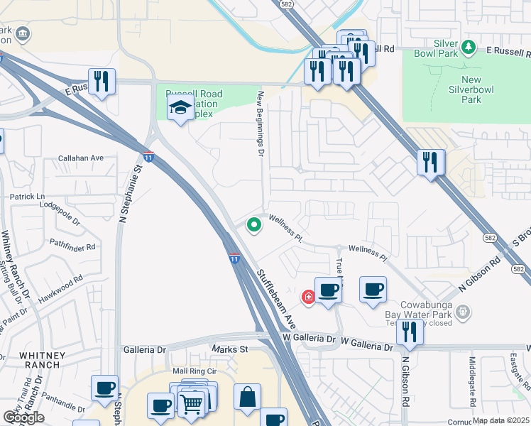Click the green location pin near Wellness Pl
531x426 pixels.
click(x=253, y=225)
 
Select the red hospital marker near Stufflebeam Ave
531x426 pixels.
click(x=309, y=297)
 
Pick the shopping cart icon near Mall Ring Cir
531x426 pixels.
click(x=191, y=403)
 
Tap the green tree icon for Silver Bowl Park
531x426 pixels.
click(x=468, y=48)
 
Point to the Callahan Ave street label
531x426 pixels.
click(x=81, y=158)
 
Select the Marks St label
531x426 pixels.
click(x=229, y=349)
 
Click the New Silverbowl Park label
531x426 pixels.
click(x=465, y=89)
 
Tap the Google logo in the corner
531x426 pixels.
click(x=23, y=417)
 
